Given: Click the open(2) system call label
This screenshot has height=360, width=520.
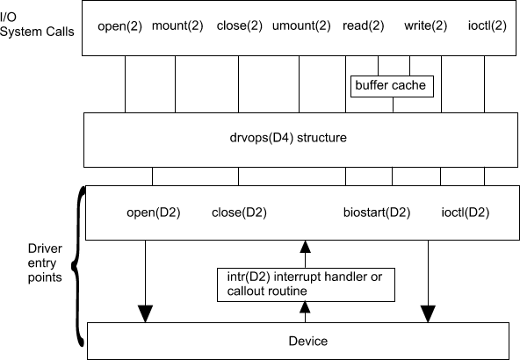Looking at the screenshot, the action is (x=119, y=26).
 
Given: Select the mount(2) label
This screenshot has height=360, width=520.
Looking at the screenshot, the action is (x=177, y=25).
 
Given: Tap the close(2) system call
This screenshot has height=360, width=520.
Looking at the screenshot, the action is (x=240, y=25).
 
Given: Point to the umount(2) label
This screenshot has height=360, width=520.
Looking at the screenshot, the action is (x=301, y=25).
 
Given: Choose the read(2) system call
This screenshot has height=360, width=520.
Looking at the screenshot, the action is (x=363, y=25).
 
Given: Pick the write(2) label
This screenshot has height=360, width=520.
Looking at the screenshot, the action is (x=425, y=25).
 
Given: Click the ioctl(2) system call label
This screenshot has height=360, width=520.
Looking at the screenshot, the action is (x=487, y=25).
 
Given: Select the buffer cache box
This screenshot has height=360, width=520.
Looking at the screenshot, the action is (x=392, y=86).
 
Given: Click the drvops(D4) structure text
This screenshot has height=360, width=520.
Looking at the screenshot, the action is (x=288, y=138).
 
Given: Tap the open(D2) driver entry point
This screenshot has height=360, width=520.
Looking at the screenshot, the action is (x=154, y=212).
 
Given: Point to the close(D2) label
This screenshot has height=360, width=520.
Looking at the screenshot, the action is (x=239, y=212).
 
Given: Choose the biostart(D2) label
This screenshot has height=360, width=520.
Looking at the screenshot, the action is (x=377, y=212).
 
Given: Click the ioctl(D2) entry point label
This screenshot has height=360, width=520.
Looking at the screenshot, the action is (x=466, y=212).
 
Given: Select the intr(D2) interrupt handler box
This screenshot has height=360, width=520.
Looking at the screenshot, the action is (x=306, y=284).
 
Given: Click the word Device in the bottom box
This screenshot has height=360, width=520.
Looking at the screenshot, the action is (x=308, y=341).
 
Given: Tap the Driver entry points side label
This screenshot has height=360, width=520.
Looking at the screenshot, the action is (x=45, y=263).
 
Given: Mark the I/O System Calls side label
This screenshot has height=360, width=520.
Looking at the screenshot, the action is (x=37, y=25).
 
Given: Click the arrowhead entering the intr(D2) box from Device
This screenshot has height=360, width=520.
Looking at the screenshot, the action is (x=305, y=307).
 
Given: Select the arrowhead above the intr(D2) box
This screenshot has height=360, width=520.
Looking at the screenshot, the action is (x=305, y=247).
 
